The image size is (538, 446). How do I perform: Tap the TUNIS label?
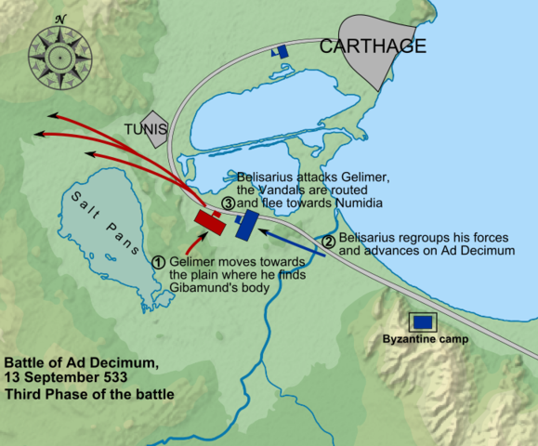(x=150, y=128)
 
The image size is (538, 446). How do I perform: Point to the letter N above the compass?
(x=59, y=18)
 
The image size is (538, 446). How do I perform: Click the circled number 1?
(x=159, y=261)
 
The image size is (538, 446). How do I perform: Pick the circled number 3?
(x=227, y=203)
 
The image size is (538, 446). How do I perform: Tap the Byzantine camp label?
(x=425, y=339)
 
